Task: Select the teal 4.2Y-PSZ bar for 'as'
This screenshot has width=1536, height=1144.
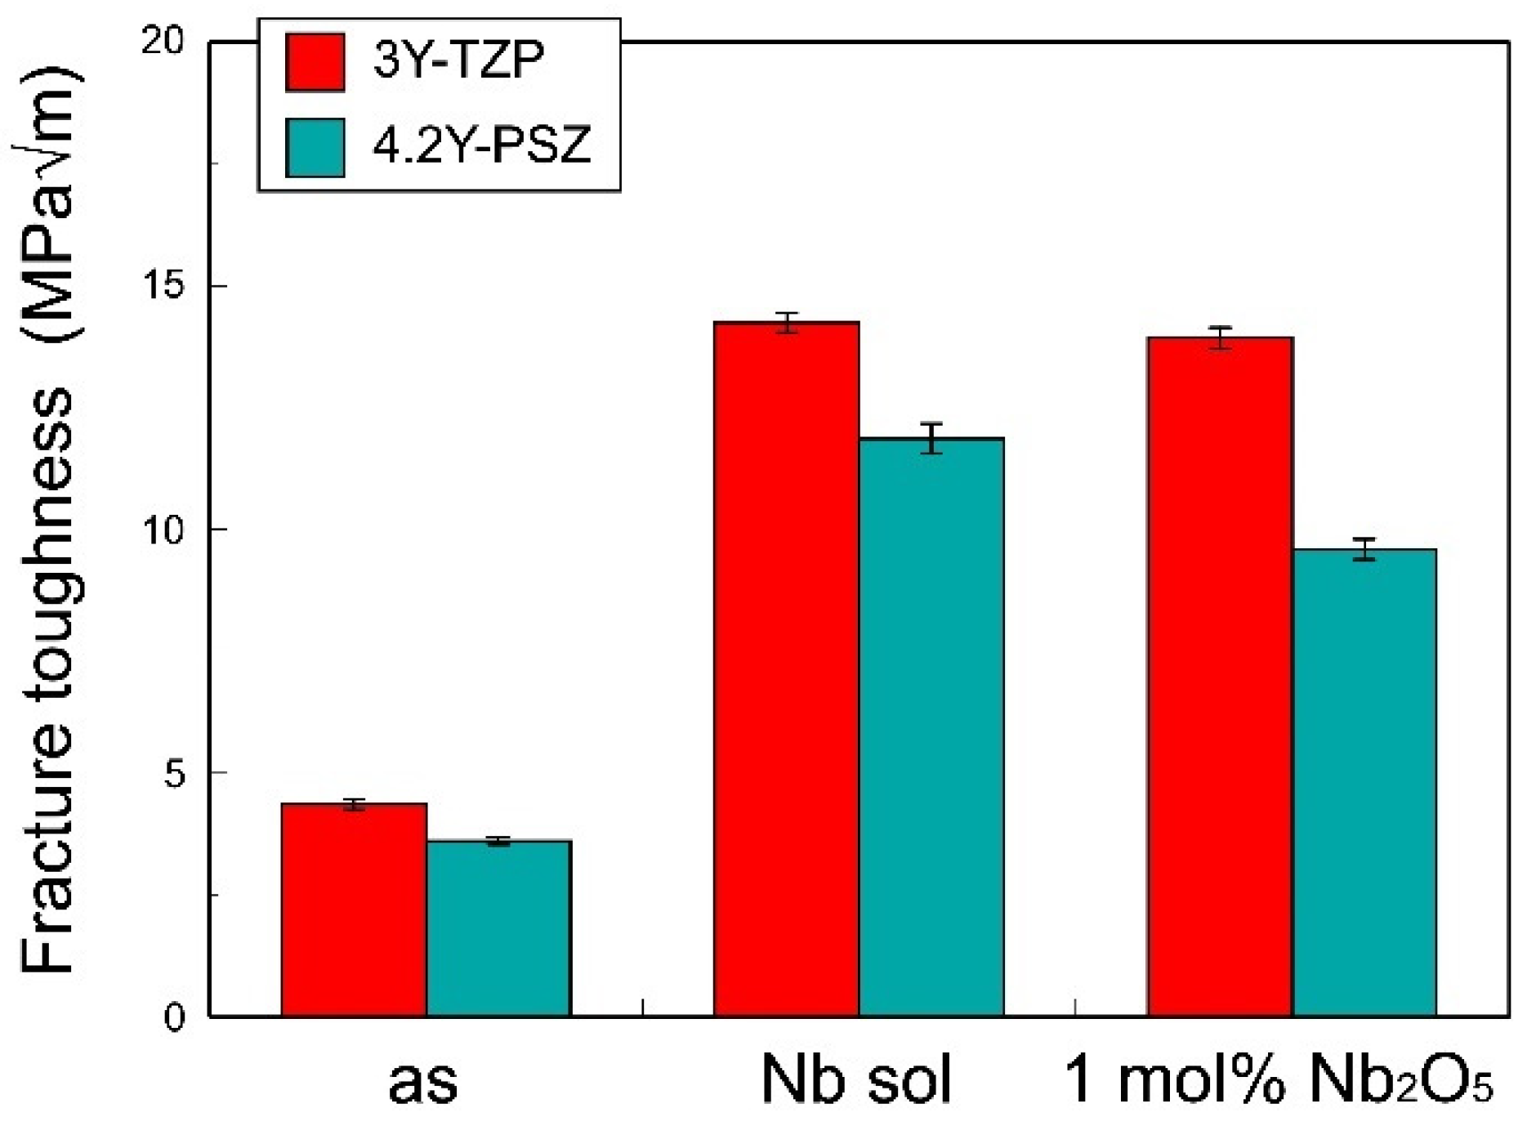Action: click(498, 928)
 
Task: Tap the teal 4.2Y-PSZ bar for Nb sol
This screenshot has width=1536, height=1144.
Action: click(931, 727)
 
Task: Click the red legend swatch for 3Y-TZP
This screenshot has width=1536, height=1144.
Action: click(315, 61)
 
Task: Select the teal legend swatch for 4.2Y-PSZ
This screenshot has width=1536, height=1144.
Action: click(315, 147)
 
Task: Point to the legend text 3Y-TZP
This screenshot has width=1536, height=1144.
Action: click(458, 60)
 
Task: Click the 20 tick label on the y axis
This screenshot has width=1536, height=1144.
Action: click(163, 41)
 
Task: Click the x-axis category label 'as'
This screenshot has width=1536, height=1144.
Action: click(422, 1081)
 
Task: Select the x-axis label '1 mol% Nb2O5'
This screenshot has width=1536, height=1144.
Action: click(1279, 1080)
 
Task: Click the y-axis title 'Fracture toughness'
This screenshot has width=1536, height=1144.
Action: click(49, 678)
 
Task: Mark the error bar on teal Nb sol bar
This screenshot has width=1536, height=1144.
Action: click(931, 438)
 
